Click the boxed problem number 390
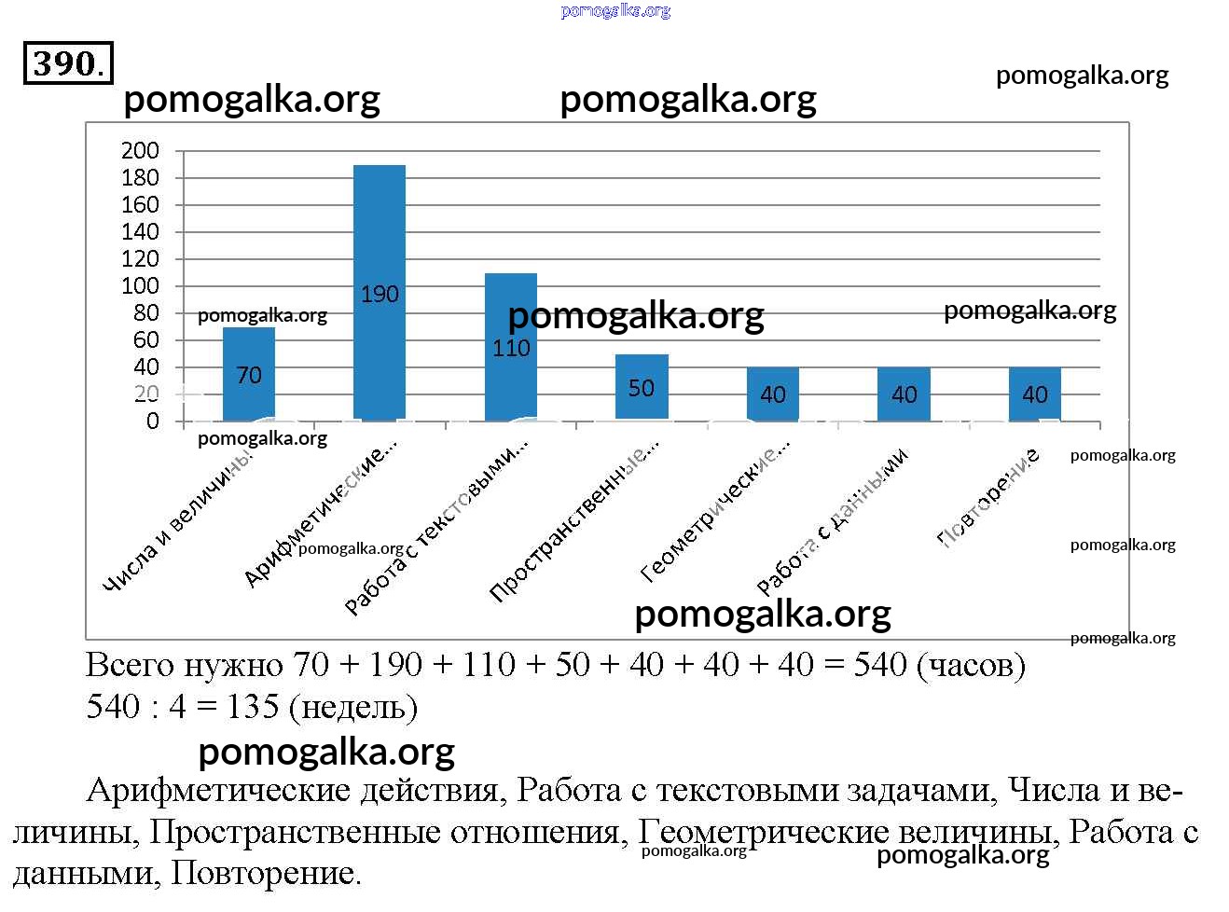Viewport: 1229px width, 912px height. pyautogui.click(x=67, y=63)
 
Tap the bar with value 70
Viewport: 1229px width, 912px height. pyautogui.click(x=249, y=374)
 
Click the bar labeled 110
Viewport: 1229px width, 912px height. pyautogui.click(x=511, y=346)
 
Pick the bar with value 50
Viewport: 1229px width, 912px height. pyautogui.click(x=642, y=387)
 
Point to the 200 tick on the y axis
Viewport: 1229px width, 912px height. pyautogui.click(x=141, y=150)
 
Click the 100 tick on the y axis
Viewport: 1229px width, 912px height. pyautogui.click(x=141, y=285)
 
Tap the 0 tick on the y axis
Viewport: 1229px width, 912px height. pyautogui.click(x=153, y=421)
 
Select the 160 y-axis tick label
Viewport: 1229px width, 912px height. pyautogui.click(x=141, y=204)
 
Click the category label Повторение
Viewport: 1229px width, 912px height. pyautogui.click(x=988, y=496)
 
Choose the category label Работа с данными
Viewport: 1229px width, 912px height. pyautogui.click(x=832, y=521)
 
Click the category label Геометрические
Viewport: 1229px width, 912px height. pyautogui.click(x=715, y=512)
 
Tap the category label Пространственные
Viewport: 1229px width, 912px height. pyautogui.click(x=573, y=522)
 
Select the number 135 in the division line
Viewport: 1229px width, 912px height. pyautogui.click(x=252, y=707)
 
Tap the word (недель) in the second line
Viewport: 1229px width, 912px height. pyautogui.click(x=353, y=708)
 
